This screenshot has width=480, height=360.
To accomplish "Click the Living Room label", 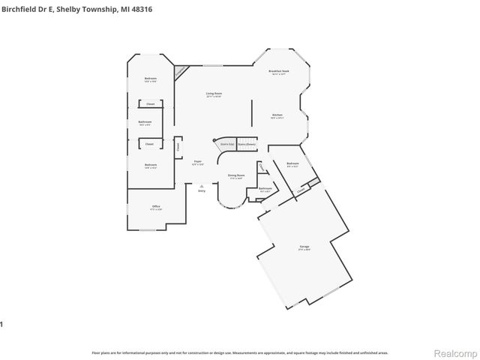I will pyautogui.click(x=214, y=94).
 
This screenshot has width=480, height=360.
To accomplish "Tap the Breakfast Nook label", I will pyautogui.click(x=279, y=71).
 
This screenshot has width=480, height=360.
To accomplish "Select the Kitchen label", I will pyautogui.click(x=277, y=115).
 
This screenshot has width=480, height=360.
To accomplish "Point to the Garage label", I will pyautogui.click(x=304, y=246).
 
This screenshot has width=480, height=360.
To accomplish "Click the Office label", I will pyautogui.click(x=156, y=206).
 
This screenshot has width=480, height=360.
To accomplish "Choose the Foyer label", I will pyautogui.click(x=198, y=161).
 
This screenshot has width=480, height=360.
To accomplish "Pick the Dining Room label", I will pyautogui.click(x=236, y=175).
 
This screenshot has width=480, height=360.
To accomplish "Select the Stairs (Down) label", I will pyautogui.click(x=247, y=142).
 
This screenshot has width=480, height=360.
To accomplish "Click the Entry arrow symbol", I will pyautogui.click(x=202, y=185).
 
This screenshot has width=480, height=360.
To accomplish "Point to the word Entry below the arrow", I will pyautogui.click(x=202, y=191).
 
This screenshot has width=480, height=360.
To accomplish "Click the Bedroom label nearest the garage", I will pyautogui.click(x=292, y=163).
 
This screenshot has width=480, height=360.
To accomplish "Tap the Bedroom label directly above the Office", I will pyautogui.click(x=151, y=164).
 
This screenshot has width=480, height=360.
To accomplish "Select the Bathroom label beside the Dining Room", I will pyautogui.click(x=265, y=188).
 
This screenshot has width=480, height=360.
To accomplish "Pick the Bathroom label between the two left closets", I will pyautogui.click(x=145, y=121).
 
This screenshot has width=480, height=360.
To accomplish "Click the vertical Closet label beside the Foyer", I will pyautogui.click(x=178, y=147).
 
